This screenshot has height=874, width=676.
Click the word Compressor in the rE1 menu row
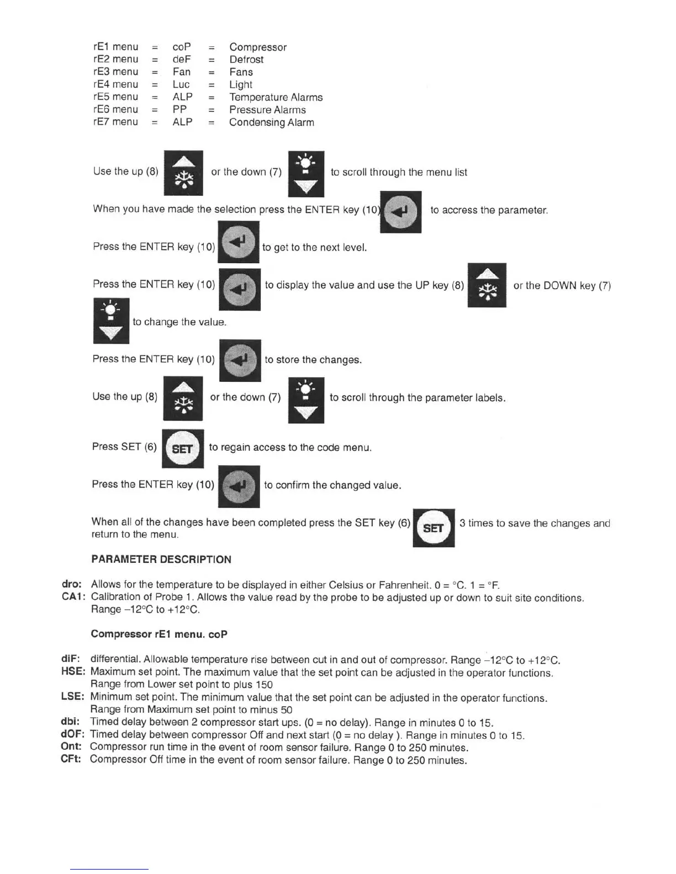[258, 47]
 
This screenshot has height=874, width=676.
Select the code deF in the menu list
[182, 60]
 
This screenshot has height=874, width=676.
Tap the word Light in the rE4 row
[241, 85]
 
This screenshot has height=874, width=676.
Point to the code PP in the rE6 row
[179, 110]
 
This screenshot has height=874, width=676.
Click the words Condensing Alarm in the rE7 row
[272, 122]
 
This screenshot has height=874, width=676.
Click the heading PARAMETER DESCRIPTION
[161, 559]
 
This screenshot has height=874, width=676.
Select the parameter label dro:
[72, 584]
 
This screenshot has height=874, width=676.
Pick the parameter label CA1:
[73, 597]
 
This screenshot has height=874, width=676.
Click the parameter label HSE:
[73, 672]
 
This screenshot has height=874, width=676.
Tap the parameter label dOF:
[72, 735]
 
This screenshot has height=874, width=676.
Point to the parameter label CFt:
[71, 760]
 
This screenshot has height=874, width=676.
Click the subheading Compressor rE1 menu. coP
[159, 635]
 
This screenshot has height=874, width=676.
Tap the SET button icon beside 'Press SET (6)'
[183, 449]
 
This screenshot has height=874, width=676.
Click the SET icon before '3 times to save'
[434, 528]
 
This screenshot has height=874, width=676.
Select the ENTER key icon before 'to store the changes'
[240, 360]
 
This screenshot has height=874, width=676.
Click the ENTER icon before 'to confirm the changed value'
[239, 486]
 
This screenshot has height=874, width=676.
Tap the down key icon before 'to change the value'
[111, 321]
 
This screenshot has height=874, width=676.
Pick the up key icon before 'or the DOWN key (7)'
[487, 285]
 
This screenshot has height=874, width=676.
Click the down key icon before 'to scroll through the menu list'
[306, 174]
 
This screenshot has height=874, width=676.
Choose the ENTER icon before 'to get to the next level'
[239, 242]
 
